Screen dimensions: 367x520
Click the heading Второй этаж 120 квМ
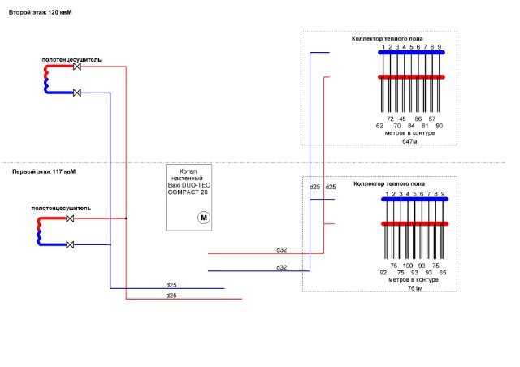click(x=40, y=14)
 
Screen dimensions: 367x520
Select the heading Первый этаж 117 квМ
click(x=44, y=171)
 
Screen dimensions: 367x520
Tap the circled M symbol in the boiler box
click(x=204, y=217)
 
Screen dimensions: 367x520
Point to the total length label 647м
click(x=409, y=141)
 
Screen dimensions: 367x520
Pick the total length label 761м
click(x=414, y=287)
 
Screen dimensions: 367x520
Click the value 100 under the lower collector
click(x=408, y=265)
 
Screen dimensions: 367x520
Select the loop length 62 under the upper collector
click(x=379, y=126)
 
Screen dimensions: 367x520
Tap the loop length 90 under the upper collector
click(x=440, y=126)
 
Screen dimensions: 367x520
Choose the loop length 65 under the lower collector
click(x=443, y=273)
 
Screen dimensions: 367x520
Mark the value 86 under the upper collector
click(x=418, y=119)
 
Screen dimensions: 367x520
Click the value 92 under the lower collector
click(x=383, y=273)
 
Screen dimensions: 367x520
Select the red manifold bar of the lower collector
click(x=414, y=223)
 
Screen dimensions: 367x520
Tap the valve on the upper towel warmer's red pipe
click(x=77, y=68)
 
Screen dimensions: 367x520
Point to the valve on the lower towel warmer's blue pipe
click(x=71, y=244)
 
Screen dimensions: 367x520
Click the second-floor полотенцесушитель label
click(x=72, y=59)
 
